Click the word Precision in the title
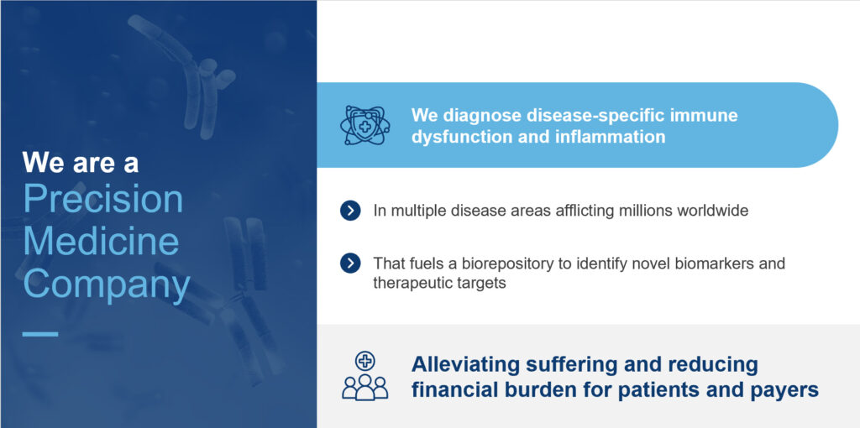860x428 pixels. click(x=103, y=200)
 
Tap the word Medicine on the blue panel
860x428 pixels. click(x=101, y=242)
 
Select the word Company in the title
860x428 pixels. click(x=107, y=284)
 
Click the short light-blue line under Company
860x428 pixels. click(x=40, y=333)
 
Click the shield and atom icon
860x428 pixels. click(x=364, y=126)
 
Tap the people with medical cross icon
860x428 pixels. click(x=364, y=376)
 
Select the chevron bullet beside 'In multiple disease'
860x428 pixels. click(x=350, y=211)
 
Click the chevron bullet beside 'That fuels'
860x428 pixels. click(x=350, y=264)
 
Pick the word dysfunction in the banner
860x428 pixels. click(x=461, y=136)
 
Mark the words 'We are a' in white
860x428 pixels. click(x=81, y=163)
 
